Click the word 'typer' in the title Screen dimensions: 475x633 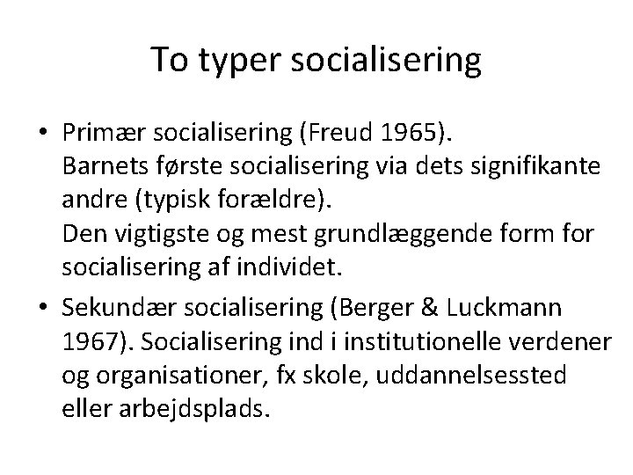click(232, 61)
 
